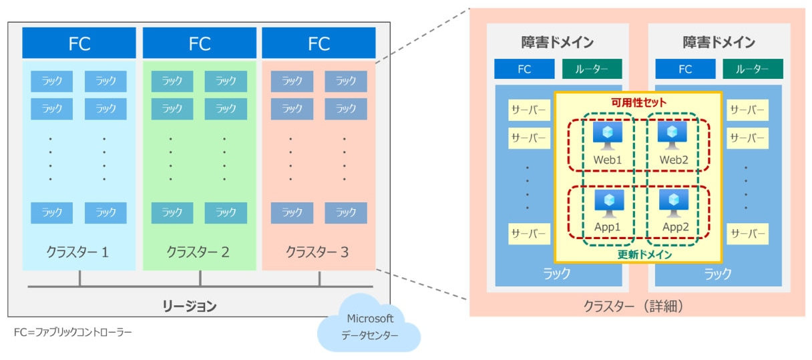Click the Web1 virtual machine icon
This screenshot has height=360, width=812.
(x=608, y=136)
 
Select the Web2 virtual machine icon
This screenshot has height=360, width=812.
(x=672, y=136)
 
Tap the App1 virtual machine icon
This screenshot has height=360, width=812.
(x=608, y=203)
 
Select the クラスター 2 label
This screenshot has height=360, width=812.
(x=198, y=252)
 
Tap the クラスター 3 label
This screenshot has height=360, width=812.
(x=317, y=252)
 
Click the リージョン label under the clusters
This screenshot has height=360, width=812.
(x=190, y=307)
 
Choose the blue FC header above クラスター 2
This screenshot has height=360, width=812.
(x=199, y=43)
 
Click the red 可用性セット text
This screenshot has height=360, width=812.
(x=638, y=103)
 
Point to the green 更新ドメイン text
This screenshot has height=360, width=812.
(x=639, y=254)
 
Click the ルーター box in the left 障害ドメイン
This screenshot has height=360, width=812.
(x=592, y=69)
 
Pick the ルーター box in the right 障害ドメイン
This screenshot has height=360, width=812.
(x=752, y=69)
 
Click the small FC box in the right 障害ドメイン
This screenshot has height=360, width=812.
(x=685, y=69)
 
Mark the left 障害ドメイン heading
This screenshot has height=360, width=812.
(x=558, y=43)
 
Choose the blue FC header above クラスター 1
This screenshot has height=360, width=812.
(x=79, y=43)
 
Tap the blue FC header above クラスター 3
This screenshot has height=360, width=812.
(x=319, y=43)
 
